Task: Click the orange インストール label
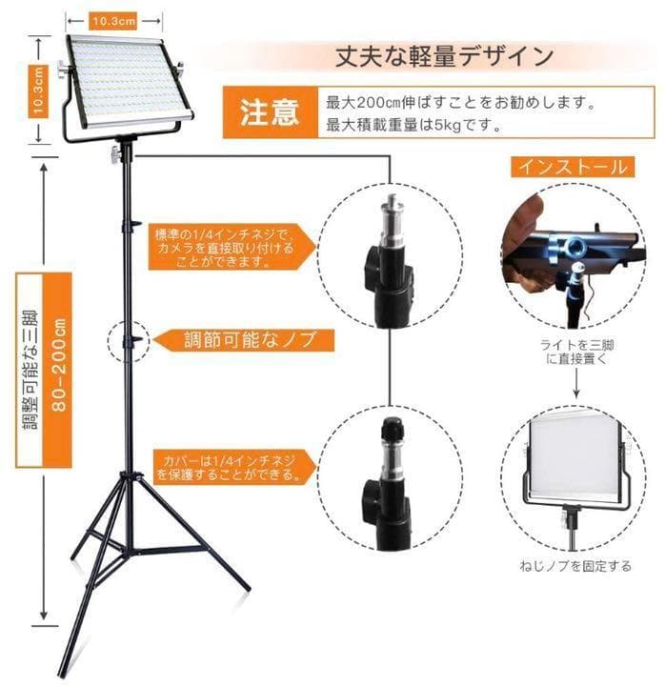(x=572, y=167)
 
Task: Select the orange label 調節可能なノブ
(x=246, y=338)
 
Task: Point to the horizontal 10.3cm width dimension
(x=112, y=19)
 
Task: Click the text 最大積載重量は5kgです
(x=414, y=124)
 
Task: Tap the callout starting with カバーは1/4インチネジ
(x=226, y=466)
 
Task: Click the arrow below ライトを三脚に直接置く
(x=574, y=384)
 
